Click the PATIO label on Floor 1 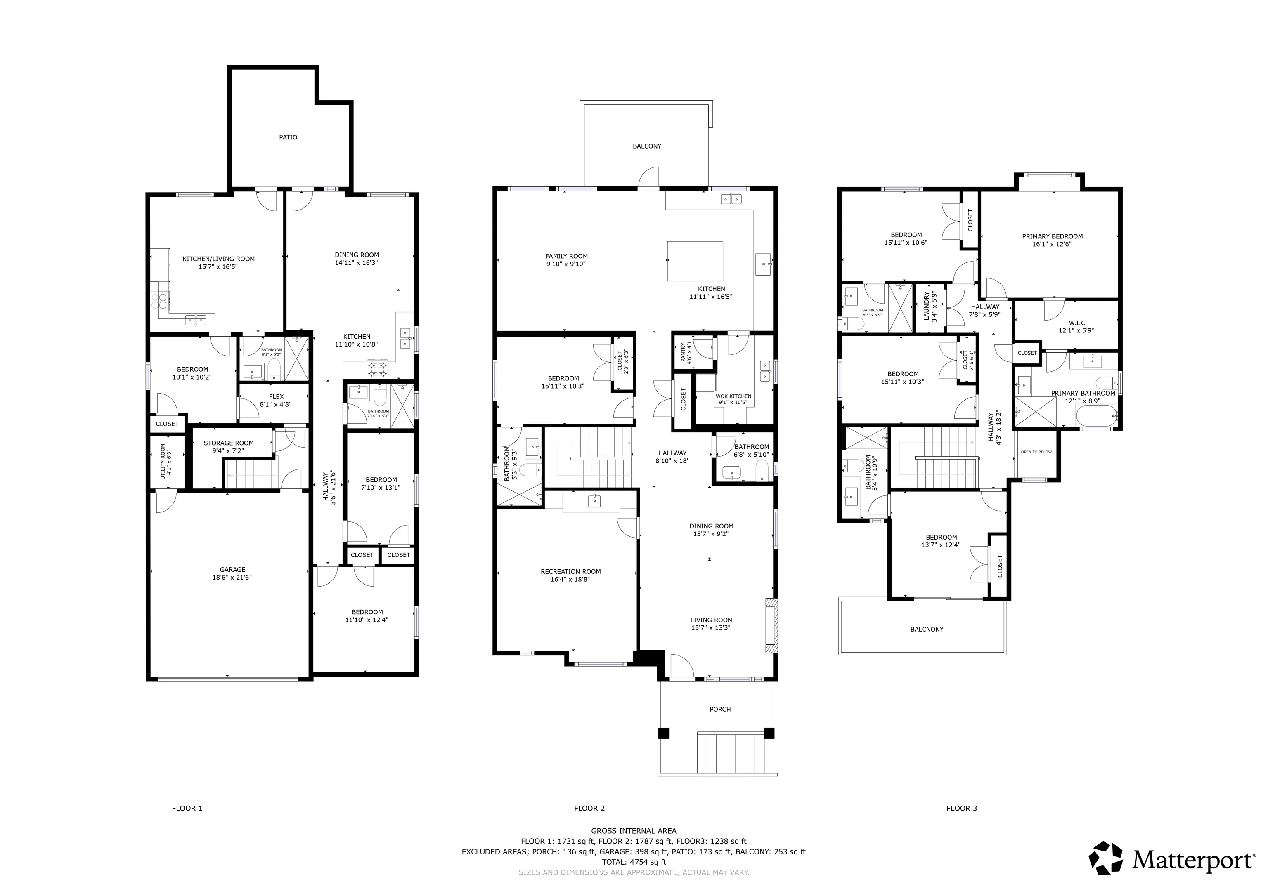[288, 137]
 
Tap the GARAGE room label [232, 570]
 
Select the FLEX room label [276, 397]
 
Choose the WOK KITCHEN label [733, 396]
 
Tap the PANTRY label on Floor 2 [683, 352]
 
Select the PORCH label [720, 710]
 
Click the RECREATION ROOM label [570, 572]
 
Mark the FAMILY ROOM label [567, 256]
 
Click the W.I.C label [1077, 323]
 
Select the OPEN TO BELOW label [1036, 452]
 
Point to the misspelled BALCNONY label [927, 630]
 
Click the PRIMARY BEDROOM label [1053, 236]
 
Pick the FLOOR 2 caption [589, 808]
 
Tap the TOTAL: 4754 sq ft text [634, 862]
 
